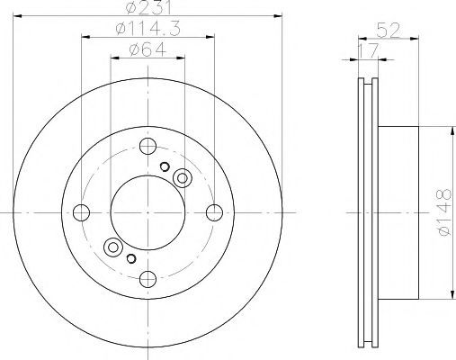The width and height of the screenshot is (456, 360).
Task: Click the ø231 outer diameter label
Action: pos(148,7)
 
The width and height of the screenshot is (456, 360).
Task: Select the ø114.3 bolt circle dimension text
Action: pos(148,29)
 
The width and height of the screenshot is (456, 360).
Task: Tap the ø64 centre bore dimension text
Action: pos(148,49)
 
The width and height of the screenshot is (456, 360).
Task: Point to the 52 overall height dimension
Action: pos(389,31)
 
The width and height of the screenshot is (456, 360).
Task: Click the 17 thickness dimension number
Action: pos(369,51)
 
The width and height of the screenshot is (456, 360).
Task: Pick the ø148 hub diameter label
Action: pos(444,212)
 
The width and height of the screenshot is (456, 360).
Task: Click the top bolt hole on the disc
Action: pos(148,146)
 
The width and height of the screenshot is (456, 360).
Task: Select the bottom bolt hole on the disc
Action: pos(148,279)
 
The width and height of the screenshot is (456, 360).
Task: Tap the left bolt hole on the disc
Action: pos(81,212)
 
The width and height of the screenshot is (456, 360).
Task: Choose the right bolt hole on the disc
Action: pos(214,212)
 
